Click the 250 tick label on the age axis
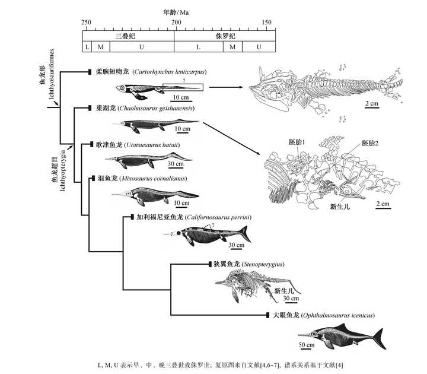(86, 23)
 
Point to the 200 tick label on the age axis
(176, 23)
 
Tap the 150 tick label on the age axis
(267, 23)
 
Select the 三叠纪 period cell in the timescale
(128, 36)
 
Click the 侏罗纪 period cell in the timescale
(225, 36)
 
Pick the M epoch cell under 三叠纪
(100, 47)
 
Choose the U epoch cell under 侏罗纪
(259, 47)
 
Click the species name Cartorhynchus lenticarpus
(170, 72)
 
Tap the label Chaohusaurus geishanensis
(156, 108)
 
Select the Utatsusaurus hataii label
(152, 145)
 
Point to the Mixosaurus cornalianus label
(154, 179)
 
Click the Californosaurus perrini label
(218, 217)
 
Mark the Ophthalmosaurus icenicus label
(337, 315)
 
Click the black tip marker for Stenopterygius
(210, 264)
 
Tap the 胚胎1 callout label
(297, 142)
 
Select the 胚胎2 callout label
(370, 143)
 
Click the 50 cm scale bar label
(307, 344)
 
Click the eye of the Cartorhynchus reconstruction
(122, 88)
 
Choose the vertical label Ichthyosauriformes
(52, 74)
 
